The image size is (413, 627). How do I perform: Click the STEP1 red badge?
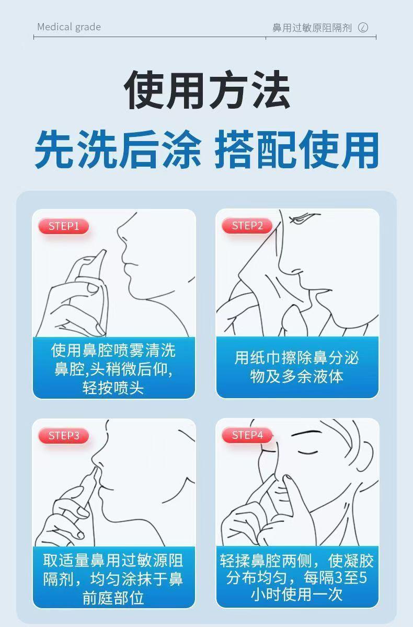coord(64,226)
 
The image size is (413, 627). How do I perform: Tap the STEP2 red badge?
coord(247,226)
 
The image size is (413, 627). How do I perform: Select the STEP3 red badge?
coord(64,436)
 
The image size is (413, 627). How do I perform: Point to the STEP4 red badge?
coord(247,435)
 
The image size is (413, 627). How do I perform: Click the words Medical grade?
coord(69,27)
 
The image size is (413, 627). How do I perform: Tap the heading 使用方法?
coord(206,89)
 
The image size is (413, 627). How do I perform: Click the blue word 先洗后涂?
coord(118,149)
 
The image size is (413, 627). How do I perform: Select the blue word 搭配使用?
coord(297,149)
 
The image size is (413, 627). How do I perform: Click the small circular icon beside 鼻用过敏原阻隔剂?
coord(363,27)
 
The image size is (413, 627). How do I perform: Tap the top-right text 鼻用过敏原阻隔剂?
coord(312,28)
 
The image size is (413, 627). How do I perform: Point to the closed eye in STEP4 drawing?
coord(308,452)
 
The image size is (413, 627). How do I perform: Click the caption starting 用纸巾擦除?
coord(297,367)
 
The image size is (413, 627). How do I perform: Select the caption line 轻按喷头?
coord(113,388)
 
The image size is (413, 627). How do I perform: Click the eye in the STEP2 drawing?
coord(301,218)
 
